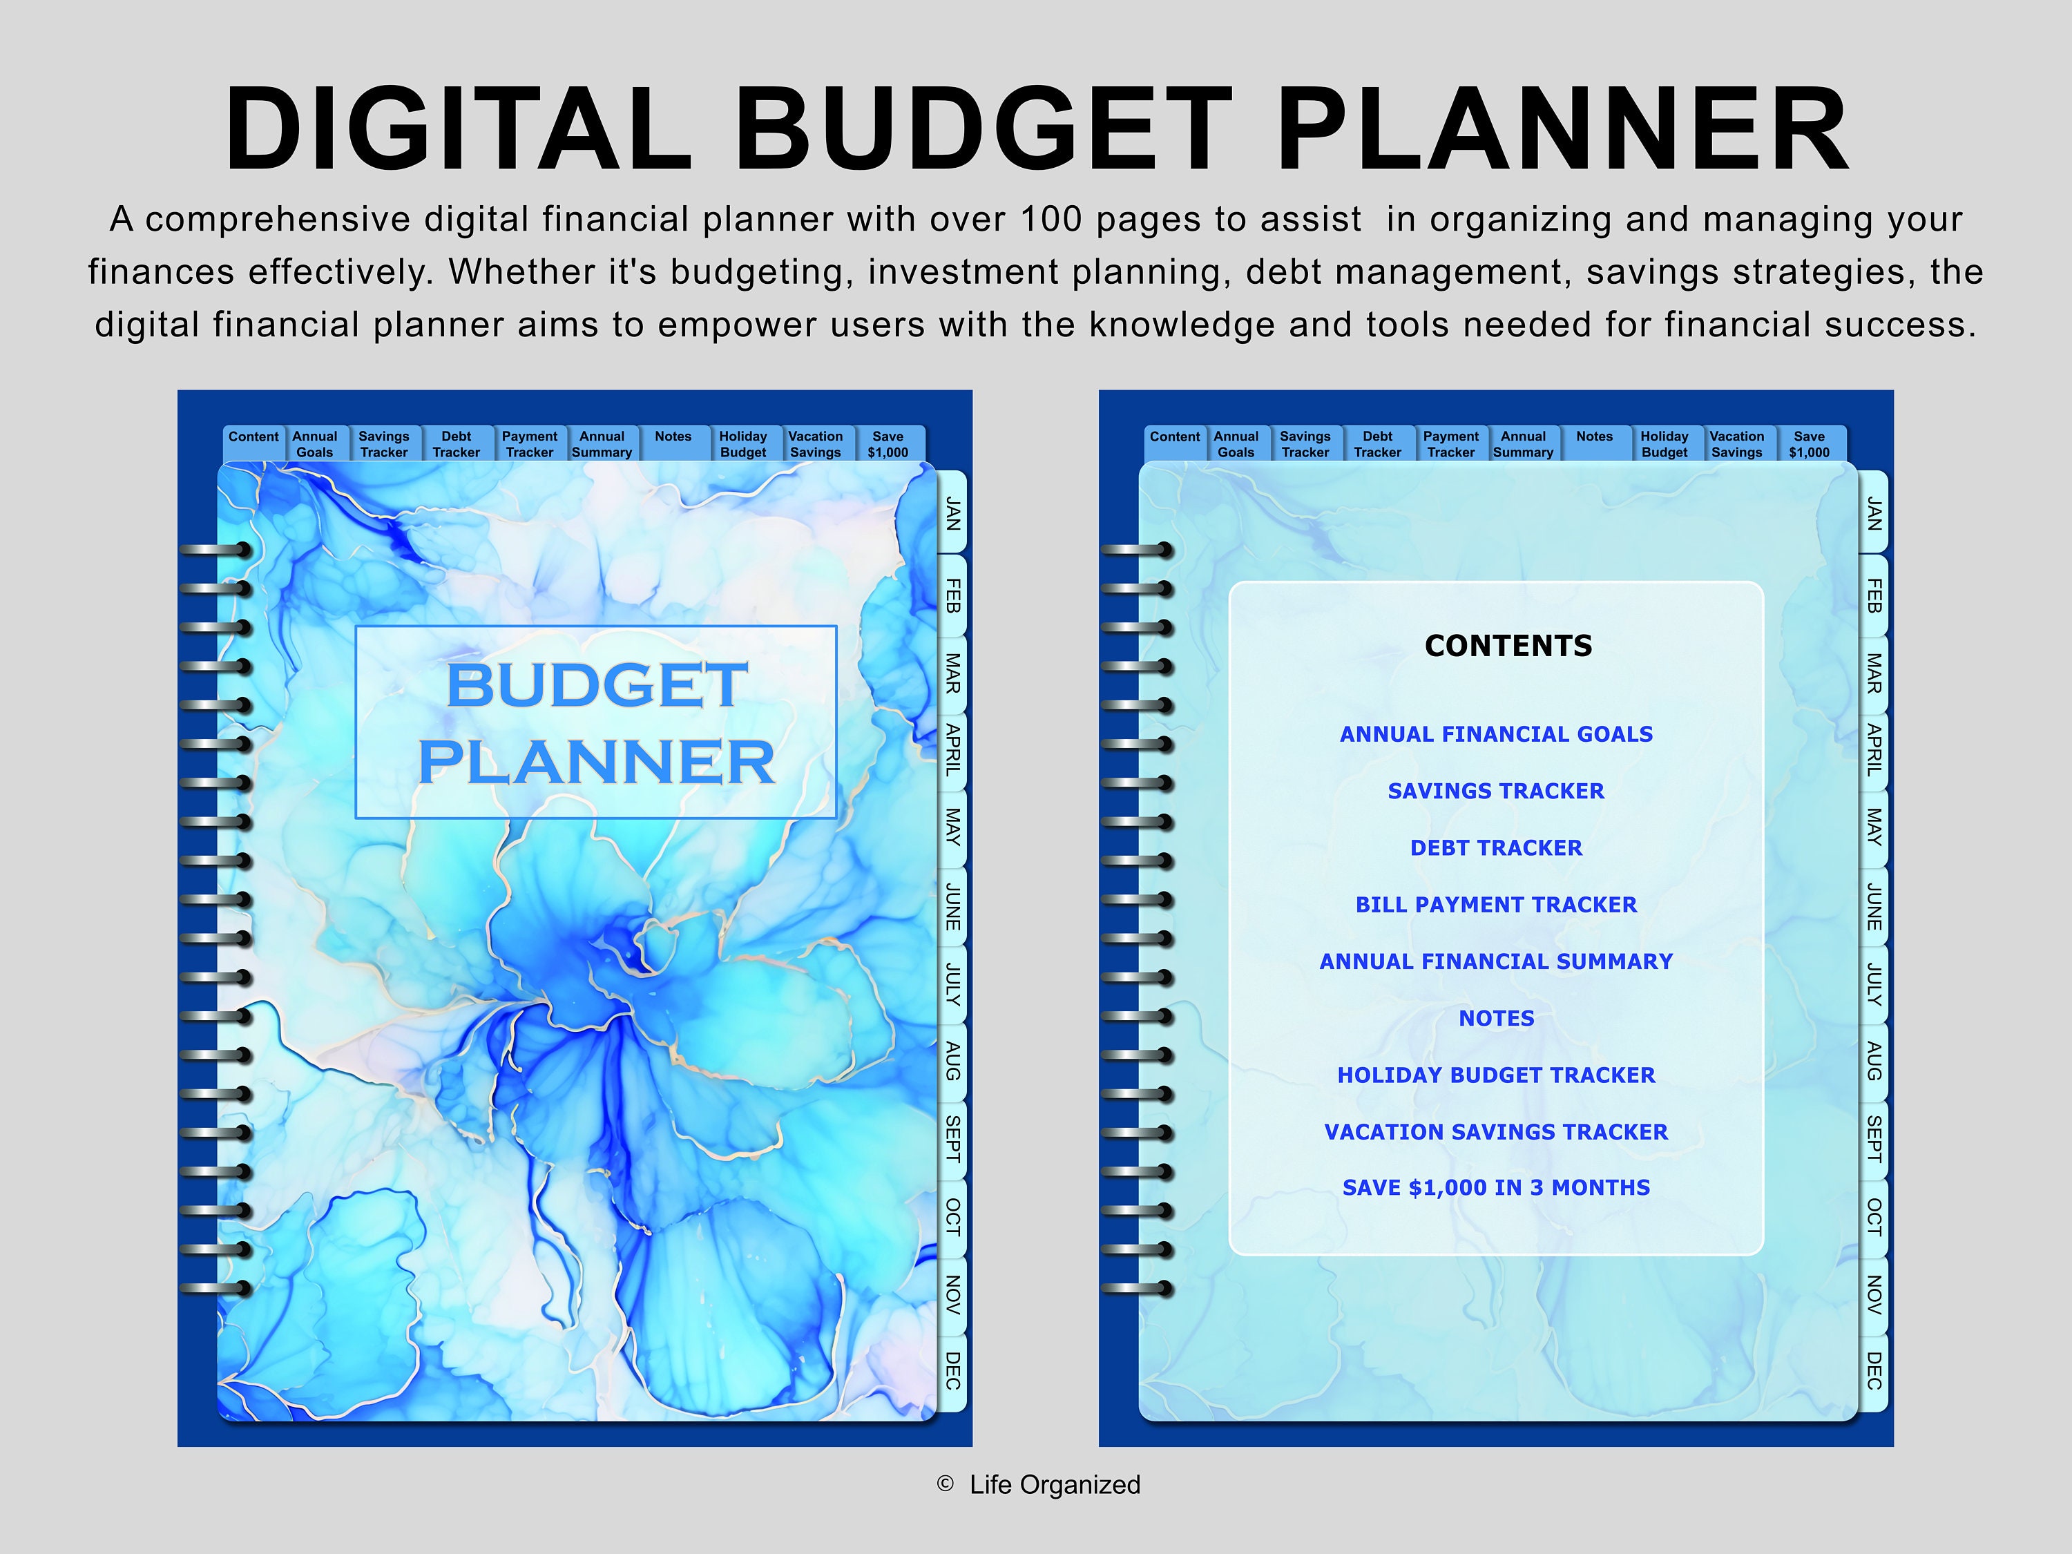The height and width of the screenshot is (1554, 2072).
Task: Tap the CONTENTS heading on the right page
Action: pyautogui.click(x=1508, y=645)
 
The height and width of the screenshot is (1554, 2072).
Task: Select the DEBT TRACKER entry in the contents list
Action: pyautogui.click(x=1496, y=847)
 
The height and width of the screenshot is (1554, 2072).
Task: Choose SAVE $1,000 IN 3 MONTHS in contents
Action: pyautogui.click(x=1496, y=1188)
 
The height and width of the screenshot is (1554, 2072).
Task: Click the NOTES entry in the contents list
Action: pyautogui.click(x=1496, y=1018)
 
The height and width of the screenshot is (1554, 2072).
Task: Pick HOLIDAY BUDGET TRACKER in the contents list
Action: pyautogui.click(x=1496, y=1075)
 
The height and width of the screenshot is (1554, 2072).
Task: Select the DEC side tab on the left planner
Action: pyautogui.click(x=952, y=1370)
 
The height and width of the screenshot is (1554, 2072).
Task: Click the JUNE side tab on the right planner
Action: pyautogui.click(x=1874, y=905)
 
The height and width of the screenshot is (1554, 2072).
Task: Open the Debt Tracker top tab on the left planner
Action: pyautogui.click(x=456, y=444)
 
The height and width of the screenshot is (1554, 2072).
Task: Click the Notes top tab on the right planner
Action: pyautogui.click(x=1594, y=437)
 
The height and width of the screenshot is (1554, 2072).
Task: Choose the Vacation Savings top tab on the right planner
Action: pyautogui.click(x=1736, y=444)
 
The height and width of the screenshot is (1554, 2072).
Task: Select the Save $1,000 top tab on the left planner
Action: pyautogui.click(x=888, y=444)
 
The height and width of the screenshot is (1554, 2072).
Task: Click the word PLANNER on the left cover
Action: pyautogui.click(x=597, y=762)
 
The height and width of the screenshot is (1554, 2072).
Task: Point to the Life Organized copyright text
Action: pyautogui.click(x=1055, y=1485)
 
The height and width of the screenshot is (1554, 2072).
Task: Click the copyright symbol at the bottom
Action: pyautogui.click(x=945, y=1484)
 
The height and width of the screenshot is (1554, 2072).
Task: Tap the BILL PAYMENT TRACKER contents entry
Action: pyautogui.click(x=1496, y=905)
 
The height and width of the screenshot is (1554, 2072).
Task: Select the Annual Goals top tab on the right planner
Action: pyautogui.click(x=1236, y=444)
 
